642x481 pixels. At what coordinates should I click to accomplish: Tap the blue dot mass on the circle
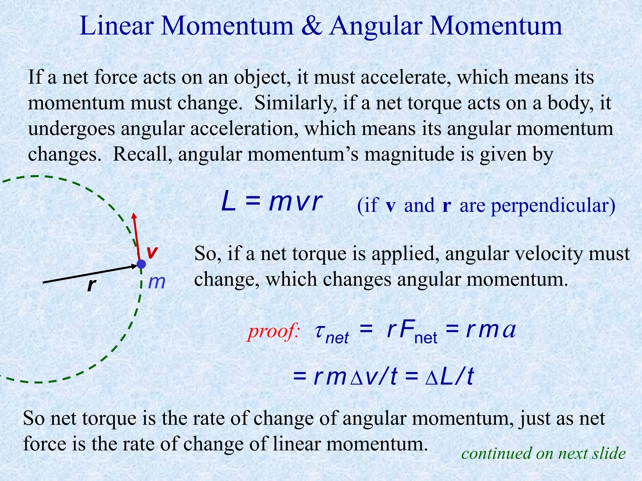tap(141, 264)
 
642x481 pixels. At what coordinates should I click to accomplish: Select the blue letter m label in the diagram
tap(156, 282)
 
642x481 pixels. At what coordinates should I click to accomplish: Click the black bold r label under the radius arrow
tap(91, 285)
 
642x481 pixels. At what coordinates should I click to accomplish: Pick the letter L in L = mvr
tap(228, 203)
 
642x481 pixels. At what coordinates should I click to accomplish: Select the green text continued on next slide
tap(544, 453)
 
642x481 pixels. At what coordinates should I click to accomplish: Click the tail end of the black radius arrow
tap(43, 283)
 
